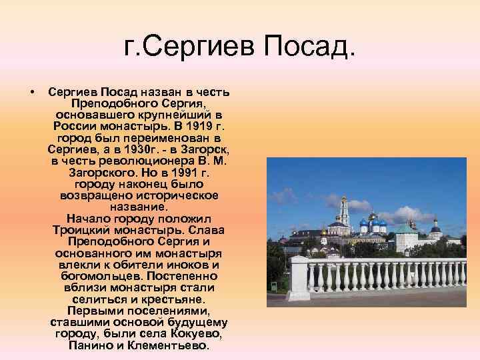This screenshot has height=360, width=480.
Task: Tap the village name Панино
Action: click(x=89, y=345)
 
